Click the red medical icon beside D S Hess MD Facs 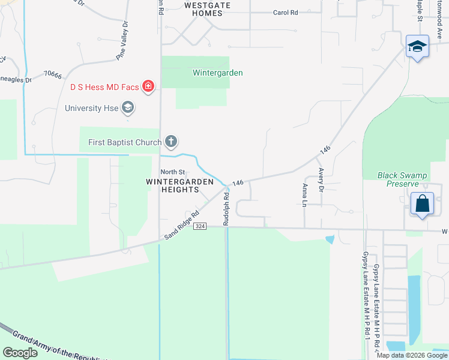coord(148,87)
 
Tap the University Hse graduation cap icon coord(127,108)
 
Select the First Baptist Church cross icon coord(171,142)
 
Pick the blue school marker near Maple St coord(417,46)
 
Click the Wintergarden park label coord(217,73)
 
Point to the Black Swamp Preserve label coord(402,179)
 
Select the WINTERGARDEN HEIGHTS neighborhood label coord(172,185)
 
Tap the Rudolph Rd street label coord(226,208)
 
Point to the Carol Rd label coord(285,13)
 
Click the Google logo coord(20,352)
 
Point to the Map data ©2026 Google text coord(412,355)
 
